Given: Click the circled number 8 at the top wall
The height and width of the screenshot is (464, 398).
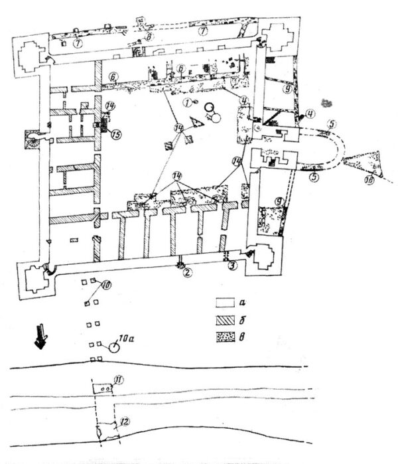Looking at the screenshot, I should (x=151, y=37).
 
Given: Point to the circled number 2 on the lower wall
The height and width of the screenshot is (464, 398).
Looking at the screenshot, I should (x=188, y=271).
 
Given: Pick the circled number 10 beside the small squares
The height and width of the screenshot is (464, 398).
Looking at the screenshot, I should (x=107, y=286).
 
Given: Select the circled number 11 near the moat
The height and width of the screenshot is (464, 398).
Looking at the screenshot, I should (x=119, y=380).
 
